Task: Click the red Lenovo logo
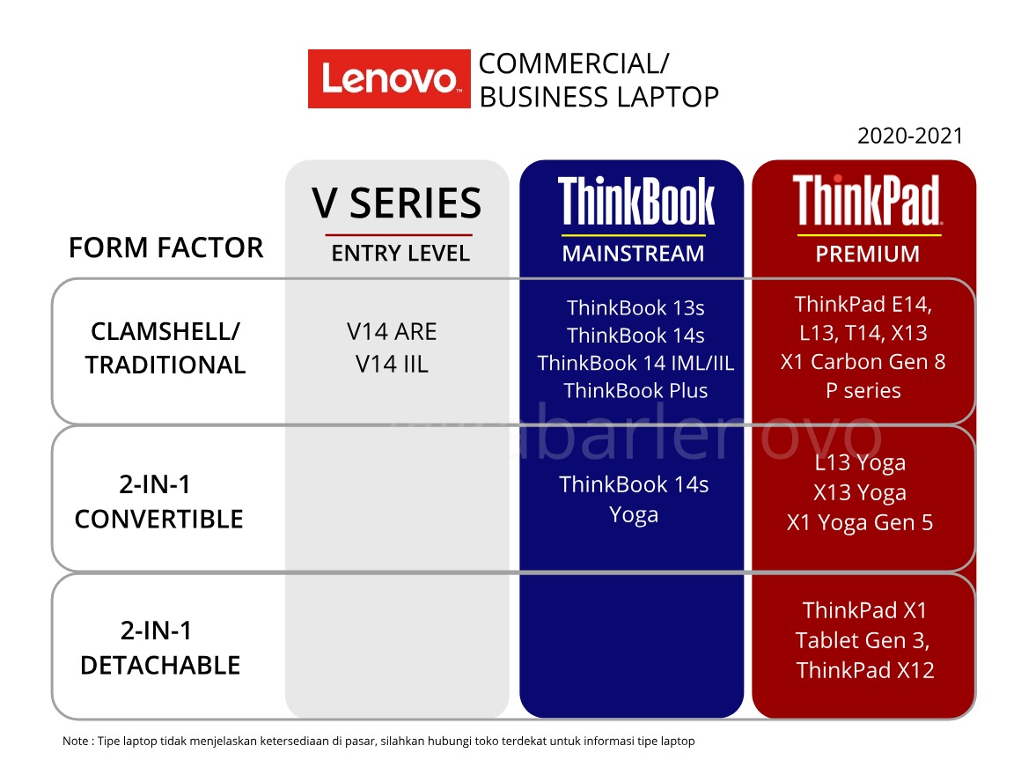click(x=388, y=79)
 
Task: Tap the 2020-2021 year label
click(x=910, y=137)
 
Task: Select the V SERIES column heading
click(x=397, y=203)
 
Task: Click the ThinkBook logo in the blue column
click(x=635, y=202)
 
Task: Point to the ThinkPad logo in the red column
click(x=867, y=201)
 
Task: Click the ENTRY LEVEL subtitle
click(x=400, y=254)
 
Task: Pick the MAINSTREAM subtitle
click(x=633, y=254)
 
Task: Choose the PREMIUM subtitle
click(x=867, y=254)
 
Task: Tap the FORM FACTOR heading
click(x=165, y=248)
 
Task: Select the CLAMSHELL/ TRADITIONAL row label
click(x=165, y=348)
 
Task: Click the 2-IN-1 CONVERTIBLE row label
click(x=158, y=502)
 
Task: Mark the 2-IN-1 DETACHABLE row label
click(x=159, y=648)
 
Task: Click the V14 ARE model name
click(x=392, y=332)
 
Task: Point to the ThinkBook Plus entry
click(x=635, y=390)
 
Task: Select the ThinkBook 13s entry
click(x=635, y=308)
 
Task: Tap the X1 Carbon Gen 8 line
click(x=863, y=362)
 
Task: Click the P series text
click(x=863, y=390)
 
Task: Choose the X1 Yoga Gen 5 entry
click(x=860, y=522)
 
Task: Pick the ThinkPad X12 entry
click(x=865, y=670)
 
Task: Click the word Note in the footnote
click(x=75, y=742)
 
